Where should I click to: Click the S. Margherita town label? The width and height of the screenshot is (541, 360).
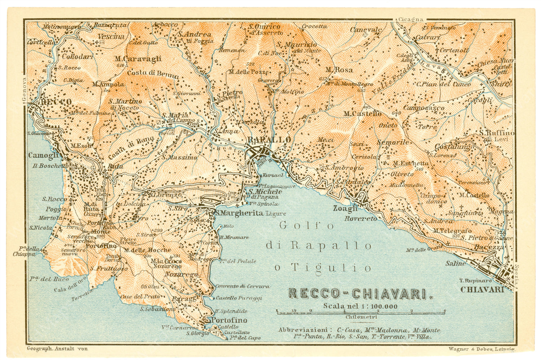tap(239, 213)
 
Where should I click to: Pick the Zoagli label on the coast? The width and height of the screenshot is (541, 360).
tap(345, 208)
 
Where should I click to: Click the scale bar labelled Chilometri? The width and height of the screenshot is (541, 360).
tap(360, 312)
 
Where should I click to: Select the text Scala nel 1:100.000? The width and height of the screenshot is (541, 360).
tap(360, 306)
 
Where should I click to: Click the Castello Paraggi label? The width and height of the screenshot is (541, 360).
tap(238, 298)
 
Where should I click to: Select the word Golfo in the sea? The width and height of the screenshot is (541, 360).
tap(307, 226)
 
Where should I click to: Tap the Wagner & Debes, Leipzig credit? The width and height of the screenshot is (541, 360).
tap(482, 349)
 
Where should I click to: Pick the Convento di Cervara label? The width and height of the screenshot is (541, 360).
tap(242, 286)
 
